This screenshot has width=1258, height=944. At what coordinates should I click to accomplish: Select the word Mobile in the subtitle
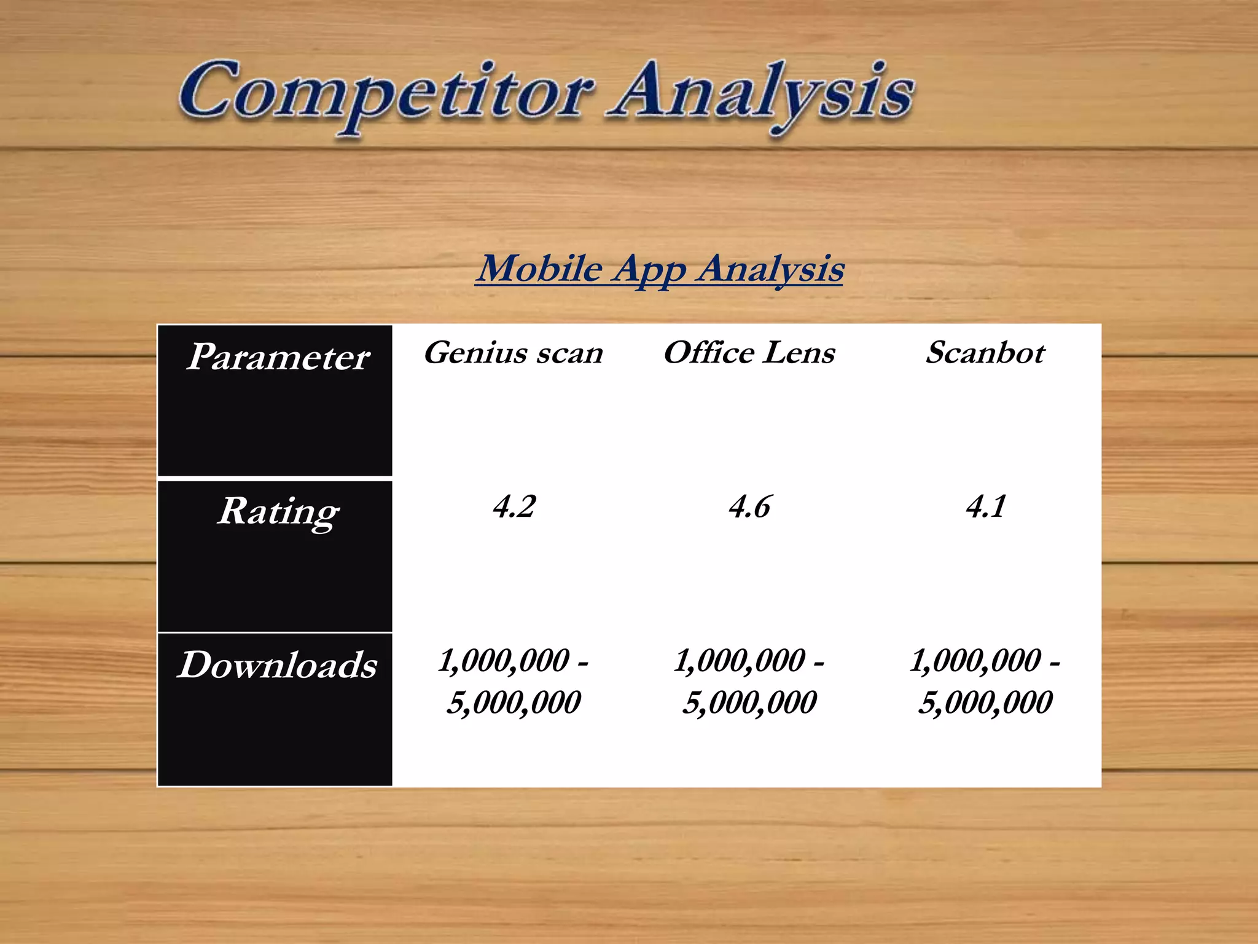coord(540,269)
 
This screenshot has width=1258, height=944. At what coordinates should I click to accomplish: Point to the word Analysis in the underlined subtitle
coord(770,269)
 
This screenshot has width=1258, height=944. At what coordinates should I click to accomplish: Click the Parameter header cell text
coord(278,356)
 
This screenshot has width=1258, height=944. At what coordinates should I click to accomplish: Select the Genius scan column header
coord(514,353)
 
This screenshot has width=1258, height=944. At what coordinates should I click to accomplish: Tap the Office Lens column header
coord(749,353)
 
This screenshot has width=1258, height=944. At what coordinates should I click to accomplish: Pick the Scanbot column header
coord(985,353)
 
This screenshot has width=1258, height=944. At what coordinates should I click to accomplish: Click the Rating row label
coord(278,511)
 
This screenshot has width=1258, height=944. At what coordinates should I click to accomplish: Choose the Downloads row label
coord(278,665)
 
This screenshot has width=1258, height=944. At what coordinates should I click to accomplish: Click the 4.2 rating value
coord(514,507)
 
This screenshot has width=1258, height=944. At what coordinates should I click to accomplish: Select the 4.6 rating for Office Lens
coord(749,507)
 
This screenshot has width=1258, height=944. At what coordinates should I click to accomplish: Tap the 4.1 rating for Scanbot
coord(985,507)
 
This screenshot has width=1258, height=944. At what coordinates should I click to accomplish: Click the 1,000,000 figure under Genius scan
coord(504,661)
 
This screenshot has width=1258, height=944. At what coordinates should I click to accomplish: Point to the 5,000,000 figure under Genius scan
coord(514,702)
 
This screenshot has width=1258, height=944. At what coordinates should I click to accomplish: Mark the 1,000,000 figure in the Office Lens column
coord(740,661)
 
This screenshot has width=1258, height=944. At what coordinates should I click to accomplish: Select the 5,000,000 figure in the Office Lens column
coord(749,702)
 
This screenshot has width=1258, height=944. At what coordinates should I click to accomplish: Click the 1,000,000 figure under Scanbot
coord(975,661)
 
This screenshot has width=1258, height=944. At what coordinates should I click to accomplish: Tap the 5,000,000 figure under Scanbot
coord(985,702)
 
